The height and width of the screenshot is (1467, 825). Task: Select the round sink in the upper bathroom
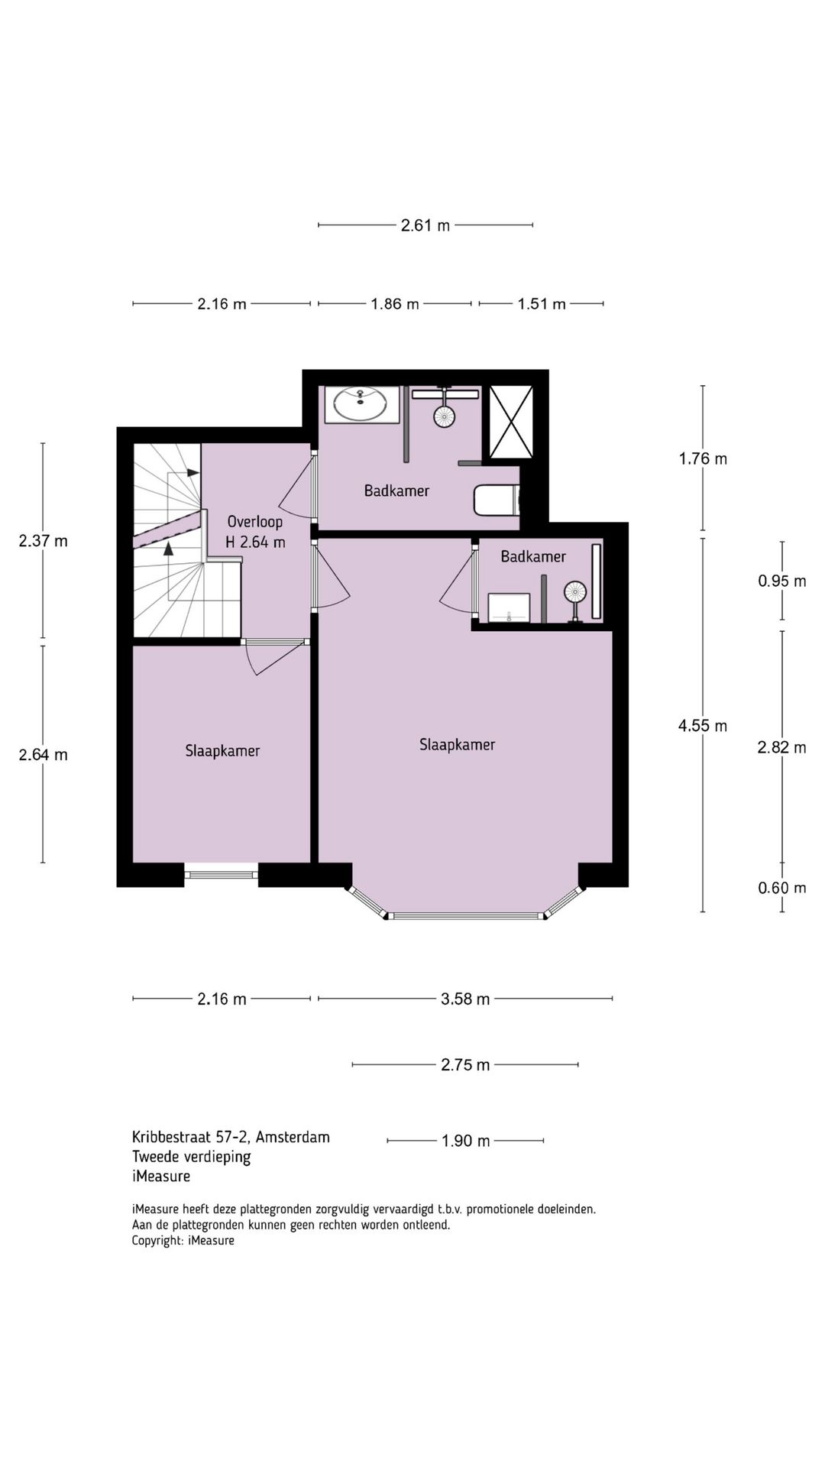pyautogui.click(x=361, y=403)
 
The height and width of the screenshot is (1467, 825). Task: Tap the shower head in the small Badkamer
pyautogui.click(x=574, y=591)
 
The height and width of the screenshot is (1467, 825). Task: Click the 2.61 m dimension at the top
pyautogui.click(x=425, y=225)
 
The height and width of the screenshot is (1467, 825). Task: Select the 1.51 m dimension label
pyautogui.click(x=542, y=304)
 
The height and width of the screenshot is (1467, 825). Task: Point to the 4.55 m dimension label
pyautogui.click(x=703, y=726)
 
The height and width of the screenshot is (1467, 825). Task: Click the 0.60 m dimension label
pyautogui.click(x=781, y=888)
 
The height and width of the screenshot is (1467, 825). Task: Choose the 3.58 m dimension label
pyautogui.click(x=465, y=999)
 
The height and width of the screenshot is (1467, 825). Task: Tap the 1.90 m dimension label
pyautogui.click(x=465, y=1141)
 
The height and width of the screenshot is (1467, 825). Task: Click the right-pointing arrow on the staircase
pyautogui.click(x=192, y=473)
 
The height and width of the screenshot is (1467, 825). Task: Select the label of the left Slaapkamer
pyautogui.click(x=222, y=751)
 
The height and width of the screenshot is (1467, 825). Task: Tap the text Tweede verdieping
pyautogui.click(x=191, y=1157)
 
